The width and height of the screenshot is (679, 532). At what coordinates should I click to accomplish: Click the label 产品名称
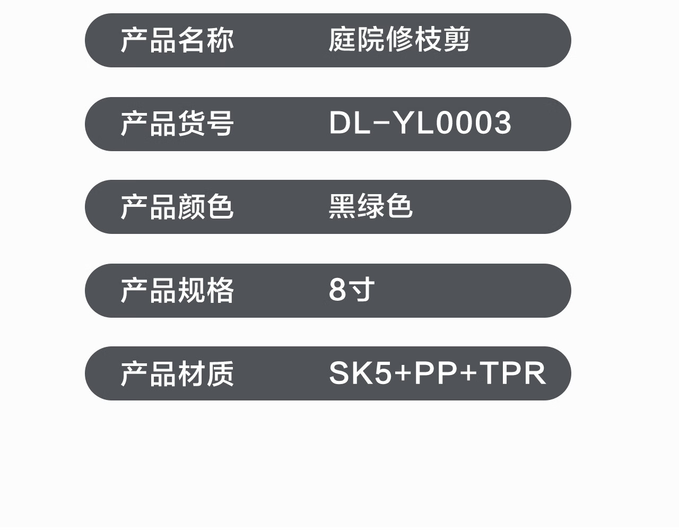pyautogui.click(x=177, y=40)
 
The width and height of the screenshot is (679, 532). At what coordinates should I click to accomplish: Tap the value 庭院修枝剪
pyautogui.click(x=399, y=40)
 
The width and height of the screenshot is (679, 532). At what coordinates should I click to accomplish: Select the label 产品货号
pyautogui.click(x=177, y=124)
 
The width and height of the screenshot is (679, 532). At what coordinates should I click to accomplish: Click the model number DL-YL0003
pyautogui.click(x=420, y=124)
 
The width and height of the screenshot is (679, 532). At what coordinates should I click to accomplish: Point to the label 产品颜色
pyautogui.click(x=177, y=207)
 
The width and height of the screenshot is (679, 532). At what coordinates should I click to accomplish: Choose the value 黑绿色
pyautogui.click(x=370, y=207)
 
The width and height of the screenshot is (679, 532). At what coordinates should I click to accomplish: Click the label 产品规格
pyautogui.click(x=177, y=290)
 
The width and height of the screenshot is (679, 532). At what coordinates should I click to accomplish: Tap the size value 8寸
pyautogui.click(x=352, y=290)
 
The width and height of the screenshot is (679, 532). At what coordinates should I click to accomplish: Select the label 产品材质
pyautogui.click(x=177, y=373)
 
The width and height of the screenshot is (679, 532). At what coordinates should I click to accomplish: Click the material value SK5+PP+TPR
pyautogui.click(x=437, y=373)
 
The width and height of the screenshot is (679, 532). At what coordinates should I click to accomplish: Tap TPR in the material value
pyautogui.click(x=512, y=373)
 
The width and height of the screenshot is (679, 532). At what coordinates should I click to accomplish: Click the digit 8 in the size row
pyautogui.click(x=337, y=290)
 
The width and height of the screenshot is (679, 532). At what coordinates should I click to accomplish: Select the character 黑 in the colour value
pyautogui.click(x=342, y=207)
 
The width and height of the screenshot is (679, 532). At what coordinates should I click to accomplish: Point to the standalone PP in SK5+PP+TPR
pyautogui.click(x=436, y=373)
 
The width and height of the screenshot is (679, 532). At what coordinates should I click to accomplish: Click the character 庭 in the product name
pyautogui.click(x=342, y=40)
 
